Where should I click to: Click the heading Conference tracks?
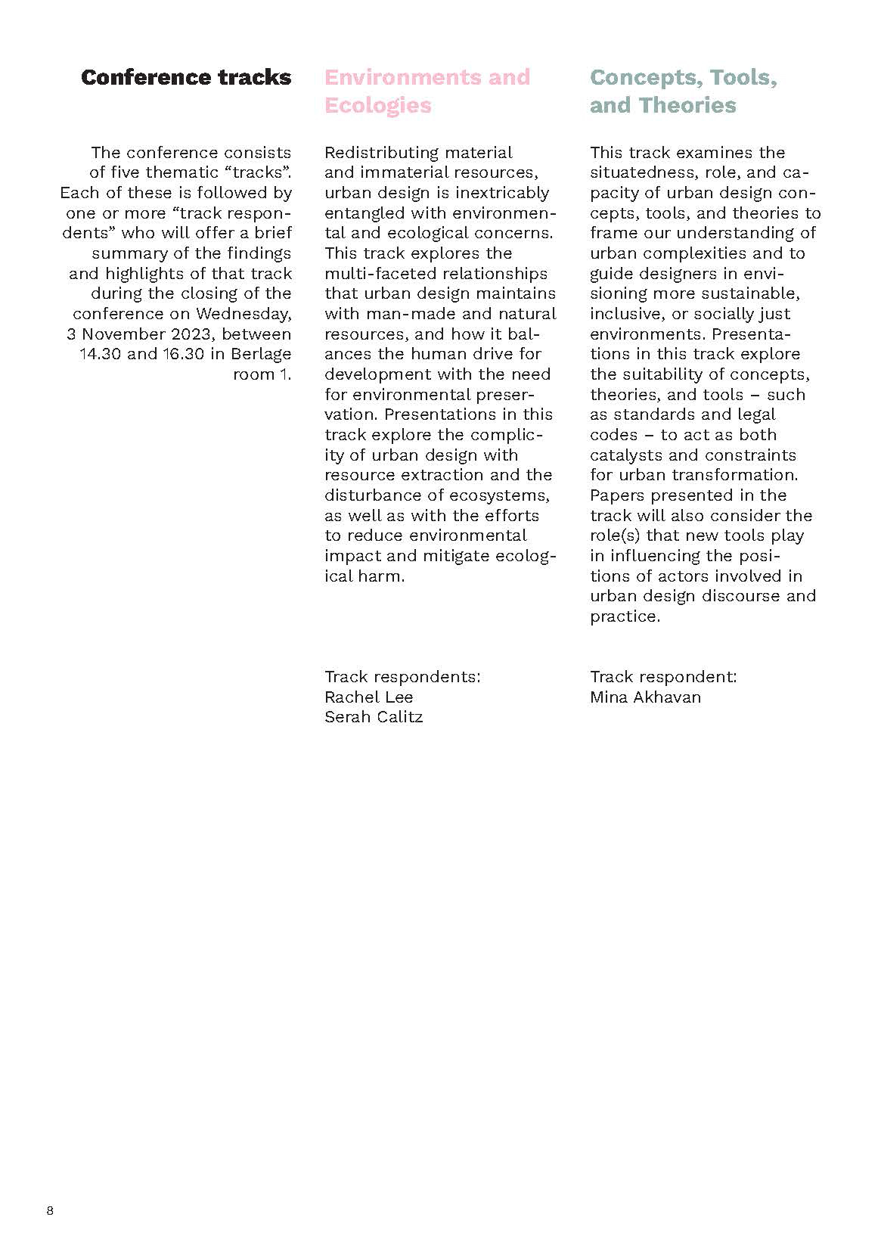coord(186,77)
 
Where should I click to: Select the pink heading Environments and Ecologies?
coord(427,91)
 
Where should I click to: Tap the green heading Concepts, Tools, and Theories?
coord(683,91)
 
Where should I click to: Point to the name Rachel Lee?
coord(369,697)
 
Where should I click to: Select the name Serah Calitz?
coord(374,717)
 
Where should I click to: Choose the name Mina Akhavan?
coord(645,697)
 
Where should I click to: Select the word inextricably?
coord(502,193)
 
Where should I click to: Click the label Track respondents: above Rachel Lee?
coord(402,676)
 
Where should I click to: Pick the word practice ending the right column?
coord(625,616)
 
